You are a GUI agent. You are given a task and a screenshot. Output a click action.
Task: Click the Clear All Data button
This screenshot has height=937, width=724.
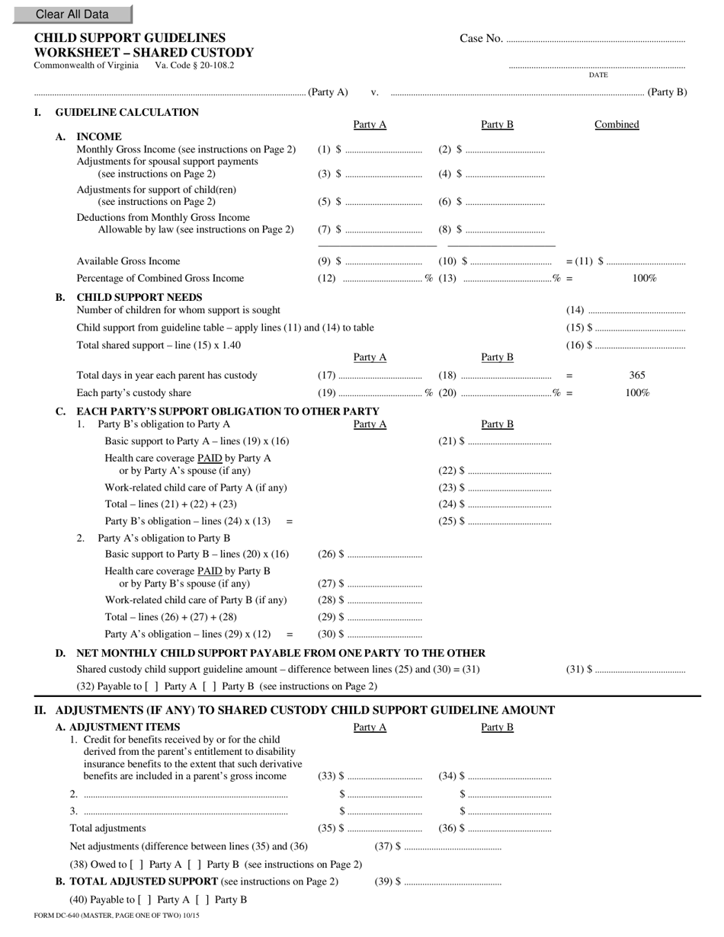pyautogui.click(x=72, y=14)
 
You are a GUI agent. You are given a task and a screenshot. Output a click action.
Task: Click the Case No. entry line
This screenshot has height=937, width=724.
pyautogui.click(x=595, y=39)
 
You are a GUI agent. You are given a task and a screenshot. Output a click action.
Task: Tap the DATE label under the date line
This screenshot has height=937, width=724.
pyautogui.click(x=598, y=75)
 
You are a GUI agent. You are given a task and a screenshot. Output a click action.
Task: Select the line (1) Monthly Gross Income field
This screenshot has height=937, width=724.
pyautogui.click(x=383, y=150)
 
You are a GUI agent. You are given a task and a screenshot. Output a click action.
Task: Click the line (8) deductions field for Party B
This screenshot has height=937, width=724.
pyautogui.click(x=505, y=229)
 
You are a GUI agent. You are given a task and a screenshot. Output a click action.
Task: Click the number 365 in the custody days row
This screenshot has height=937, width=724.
pyautogui.click(x=637, y=376)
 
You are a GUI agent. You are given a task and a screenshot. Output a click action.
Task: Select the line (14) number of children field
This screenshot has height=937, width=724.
pyautogui.click(x=637, y=310)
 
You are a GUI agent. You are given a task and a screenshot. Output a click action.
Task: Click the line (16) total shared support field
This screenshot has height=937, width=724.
pyautogui.click(x=639, y=345)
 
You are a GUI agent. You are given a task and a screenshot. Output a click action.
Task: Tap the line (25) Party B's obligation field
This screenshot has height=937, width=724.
pyautogui.click(x=509, y=522)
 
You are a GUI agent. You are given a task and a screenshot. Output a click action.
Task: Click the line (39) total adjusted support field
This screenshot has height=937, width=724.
pyautogui.click(x=453, y=882)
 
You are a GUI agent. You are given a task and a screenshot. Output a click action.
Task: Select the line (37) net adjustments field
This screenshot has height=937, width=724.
pyautogui.click(x=453, y=846)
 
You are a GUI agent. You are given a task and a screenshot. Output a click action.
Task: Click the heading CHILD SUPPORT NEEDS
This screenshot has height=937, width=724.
pyautogui.click(x=139, y=297)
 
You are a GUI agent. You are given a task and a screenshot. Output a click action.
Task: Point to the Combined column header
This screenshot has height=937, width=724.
pyautogui.click(x=617, y=125)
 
